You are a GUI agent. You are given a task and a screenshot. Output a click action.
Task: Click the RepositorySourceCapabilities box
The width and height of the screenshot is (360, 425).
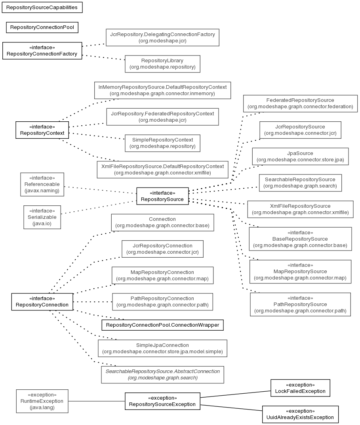42,8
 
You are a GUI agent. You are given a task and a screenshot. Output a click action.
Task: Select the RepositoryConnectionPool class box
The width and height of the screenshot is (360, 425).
42,27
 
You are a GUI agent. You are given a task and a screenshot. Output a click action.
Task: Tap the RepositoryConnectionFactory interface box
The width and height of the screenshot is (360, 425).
42,51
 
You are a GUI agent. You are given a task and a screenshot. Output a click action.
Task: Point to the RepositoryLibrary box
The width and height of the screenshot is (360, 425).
162,64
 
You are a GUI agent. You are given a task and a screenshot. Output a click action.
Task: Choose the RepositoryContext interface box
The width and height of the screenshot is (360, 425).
42,130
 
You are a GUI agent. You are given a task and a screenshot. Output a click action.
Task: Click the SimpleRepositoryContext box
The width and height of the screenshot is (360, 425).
162,143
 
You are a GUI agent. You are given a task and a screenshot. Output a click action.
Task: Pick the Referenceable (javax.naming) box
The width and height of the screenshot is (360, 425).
42,184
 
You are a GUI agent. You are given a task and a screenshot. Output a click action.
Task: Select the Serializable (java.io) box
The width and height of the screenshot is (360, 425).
42,217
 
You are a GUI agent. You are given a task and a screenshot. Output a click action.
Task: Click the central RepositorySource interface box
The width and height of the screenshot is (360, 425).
162,196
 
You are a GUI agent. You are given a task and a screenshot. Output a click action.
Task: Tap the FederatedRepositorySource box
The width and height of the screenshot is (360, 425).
300,103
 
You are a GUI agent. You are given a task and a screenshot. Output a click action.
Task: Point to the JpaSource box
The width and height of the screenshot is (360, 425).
300,157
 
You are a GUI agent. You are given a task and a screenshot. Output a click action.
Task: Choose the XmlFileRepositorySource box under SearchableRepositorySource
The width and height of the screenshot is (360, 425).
300,209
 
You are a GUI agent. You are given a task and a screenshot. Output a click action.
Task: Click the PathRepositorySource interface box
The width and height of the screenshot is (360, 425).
300,304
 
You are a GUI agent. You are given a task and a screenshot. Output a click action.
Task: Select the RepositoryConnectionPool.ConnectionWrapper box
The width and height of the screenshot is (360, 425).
162,325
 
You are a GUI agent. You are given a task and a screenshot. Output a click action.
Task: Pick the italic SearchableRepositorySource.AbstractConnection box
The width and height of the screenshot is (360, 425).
162,375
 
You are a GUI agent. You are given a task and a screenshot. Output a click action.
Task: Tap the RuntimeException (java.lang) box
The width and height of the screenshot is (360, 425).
42,401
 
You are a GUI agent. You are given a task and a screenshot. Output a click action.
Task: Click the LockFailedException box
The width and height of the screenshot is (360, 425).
300,388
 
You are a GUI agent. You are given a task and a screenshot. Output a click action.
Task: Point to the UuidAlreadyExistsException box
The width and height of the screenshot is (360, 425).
300,414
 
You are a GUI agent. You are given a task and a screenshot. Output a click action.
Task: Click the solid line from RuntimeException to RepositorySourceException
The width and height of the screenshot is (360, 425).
97,401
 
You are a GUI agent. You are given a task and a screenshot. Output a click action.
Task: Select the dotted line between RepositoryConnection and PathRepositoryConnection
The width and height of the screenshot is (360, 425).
93,302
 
